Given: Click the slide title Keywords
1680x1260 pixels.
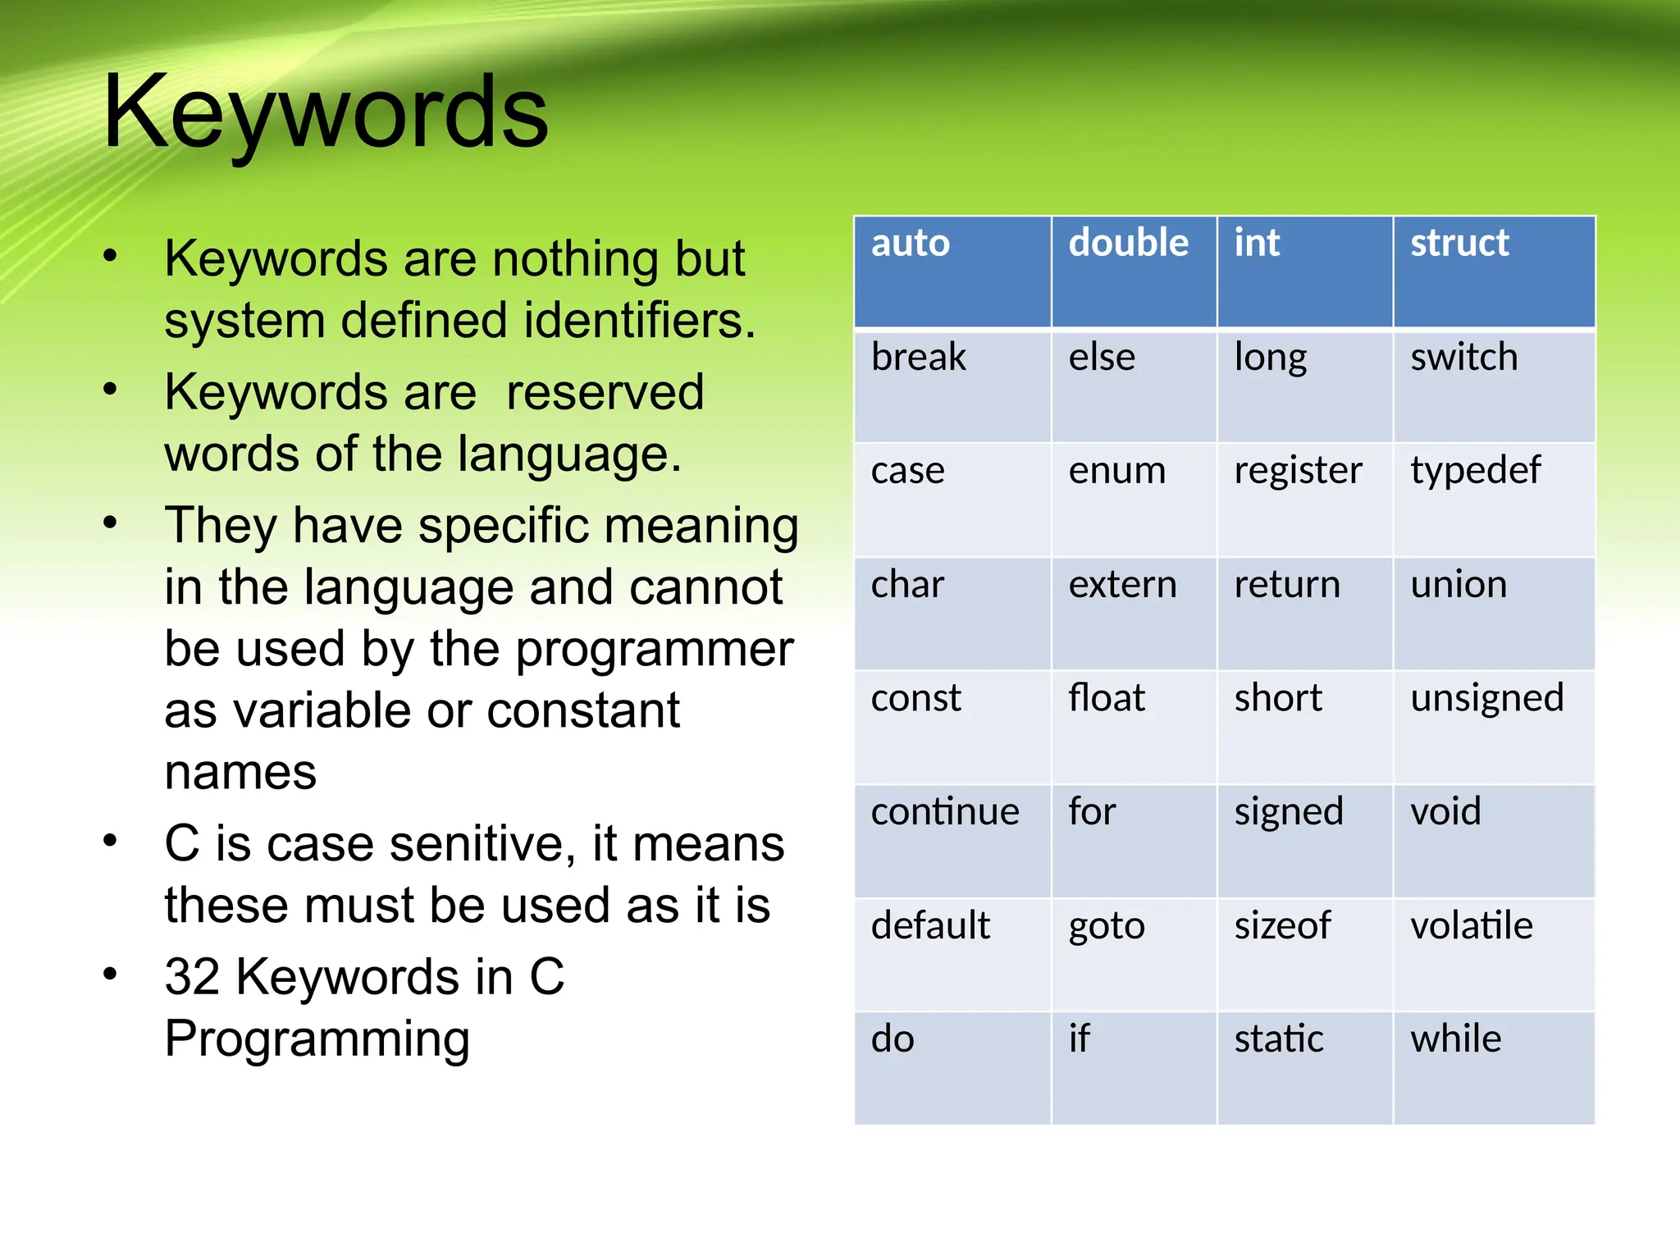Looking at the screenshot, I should [x=326, y=112].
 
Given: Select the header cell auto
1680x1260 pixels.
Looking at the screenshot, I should [x=910, y=243].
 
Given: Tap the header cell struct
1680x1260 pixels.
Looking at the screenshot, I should [x=1459, y=243].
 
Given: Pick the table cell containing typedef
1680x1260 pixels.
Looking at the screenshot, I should [x=1475, y=472].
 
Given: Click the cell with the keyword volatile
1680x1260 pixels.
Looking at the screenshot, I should [x=1471, y=925].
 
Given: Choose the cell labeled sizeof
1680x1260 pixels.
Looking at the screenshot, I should [x=1282, y=925].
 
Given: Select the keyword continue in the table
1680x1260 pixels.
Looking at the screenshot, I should [x=944, y=812].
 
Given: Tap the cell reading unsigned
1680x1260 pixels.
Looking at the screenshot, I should [x=1486, y=699].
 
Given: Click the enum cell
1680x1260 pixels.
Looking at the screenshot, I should [x=1116, y=471].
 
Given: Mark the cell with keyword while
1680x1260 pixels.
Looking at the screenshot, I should [x=1455, y=1039].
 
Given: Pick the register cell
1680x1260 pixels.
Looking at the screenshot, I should [x=1298, y=472].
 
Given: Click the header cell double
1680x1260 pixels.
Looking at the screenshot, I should [x=1128, y=243].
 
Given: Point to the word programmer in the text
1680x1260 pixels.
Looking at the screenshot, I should [x=654, y=649].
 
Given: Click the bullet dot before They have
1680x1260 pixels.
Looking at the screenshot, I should [x=110, y=523].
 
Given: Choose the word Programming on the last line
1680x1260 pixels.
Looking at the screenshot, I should [x=317, y=1039].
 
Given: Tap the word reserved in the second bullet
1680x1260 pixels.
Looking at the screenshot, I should [x=605, y=392].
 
